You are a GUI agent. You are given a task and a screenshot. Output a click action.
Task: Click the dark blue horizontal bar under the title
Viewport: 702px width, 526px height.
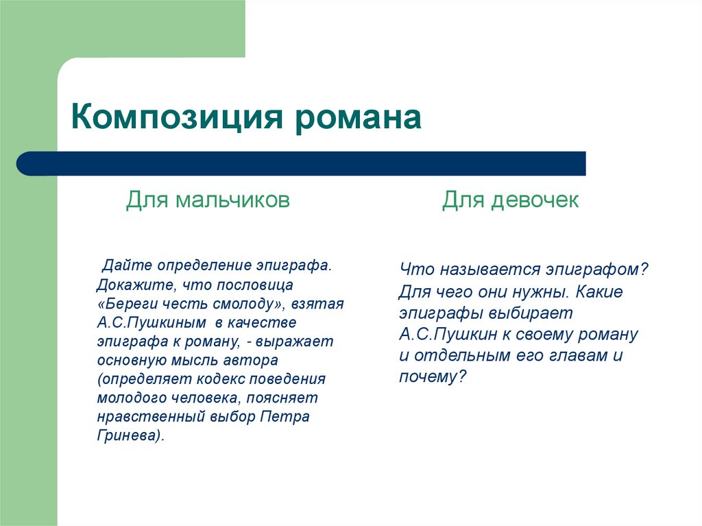[x=302, y=163]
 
